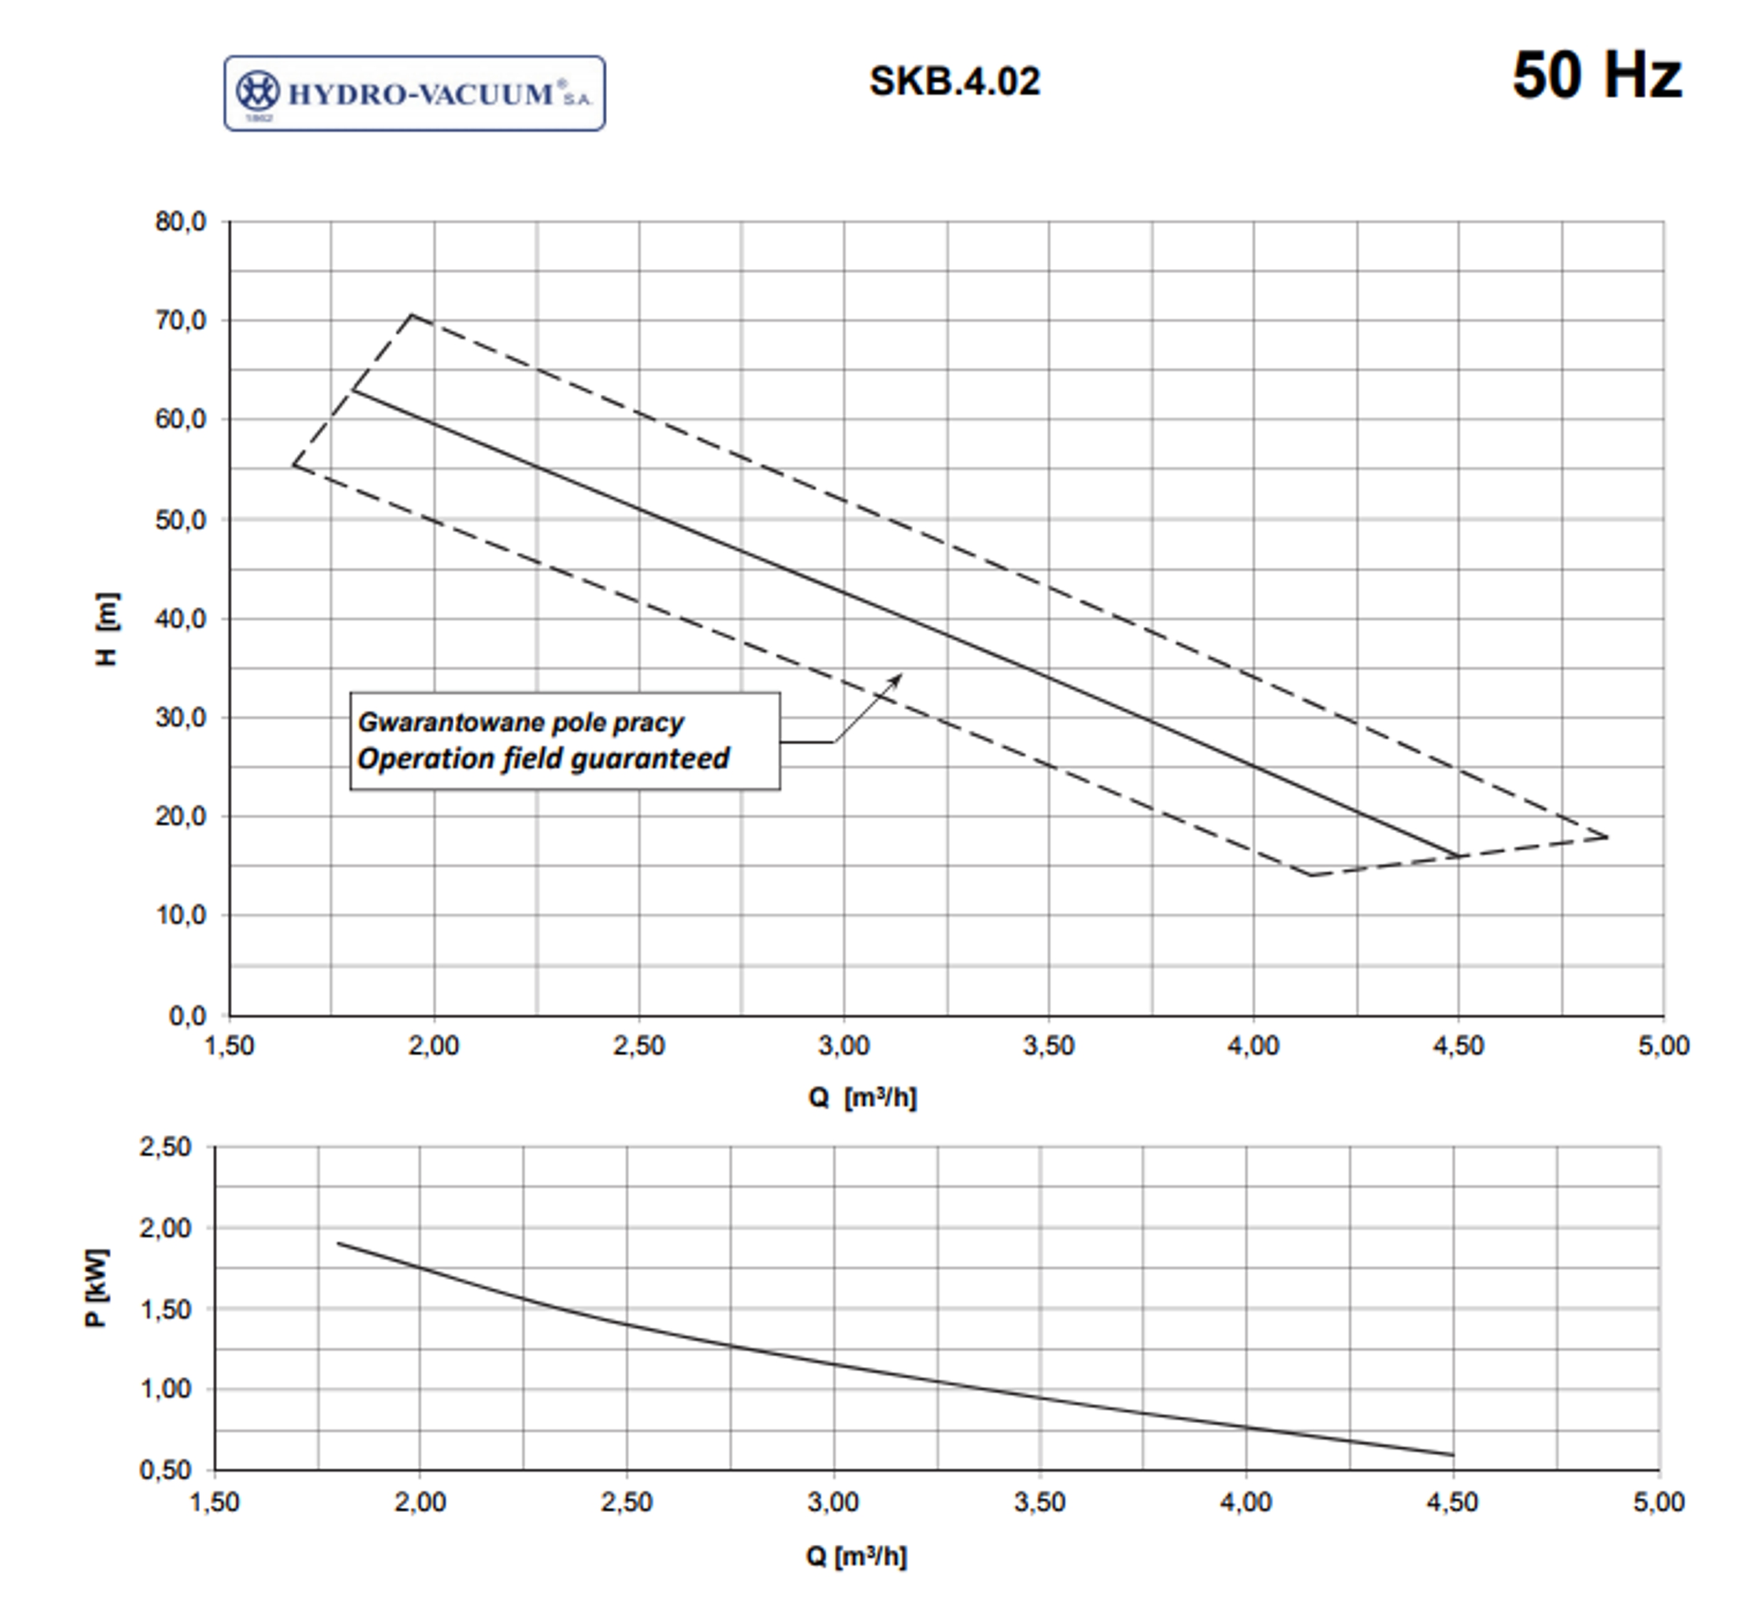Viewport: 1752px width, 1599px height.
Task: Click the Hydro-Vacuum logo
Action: point(415,94)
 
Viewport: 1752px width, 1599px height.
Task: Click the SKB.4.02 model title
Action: point(954,81)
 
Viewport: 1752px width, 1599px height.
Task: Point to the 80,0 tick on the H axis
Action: point(181,222)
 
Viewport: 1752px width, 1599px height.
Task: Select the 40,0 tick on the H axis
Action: point(181,619)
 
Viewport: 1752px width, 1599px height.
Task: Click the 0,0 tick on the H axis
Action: point(187,1015)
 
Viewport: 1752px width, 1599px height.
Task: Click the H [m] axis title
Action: point(107,629)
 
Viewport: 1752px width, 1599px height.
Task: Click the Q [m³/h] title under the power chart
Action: point(856,1557)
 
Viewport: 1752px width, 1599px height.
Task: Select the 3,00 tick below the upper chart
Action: point(843,1045)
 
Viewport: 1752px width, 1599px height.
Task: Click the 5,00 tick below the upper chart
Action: point(1663,1045)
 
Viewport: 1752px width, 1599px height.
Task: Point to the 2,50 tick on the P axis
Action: point(165,1147)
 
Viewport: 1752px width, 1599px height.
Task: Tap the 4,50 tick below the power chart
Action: point(1452,1502)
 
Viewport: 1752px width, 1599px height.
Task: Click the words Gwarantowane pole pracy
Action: point(521,722)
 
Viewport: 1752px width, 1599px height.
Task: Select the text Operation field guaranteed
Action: point(543,758)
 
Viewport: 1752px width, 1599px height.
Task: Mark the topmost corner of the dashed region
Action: point(412,315)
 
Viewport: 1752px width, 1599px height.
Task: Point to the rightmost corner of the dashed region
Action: point(1608,837)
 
